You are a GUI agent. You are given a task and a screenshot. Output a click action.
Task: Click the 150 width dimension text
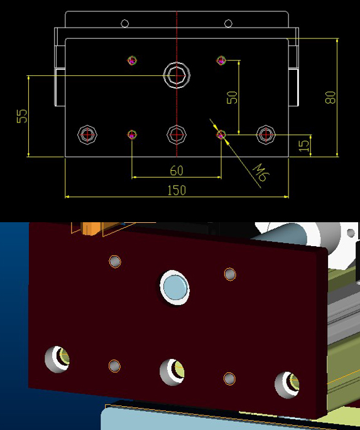point(177,190)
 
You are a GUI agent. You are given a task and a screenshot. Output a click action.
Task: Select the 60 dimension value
point(177,170)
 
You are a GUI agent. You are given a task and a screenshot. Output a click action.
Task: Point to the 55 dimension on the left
point(22,116)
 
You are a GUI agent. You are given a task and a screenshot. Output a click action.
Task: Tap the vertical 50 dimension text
point(232,97)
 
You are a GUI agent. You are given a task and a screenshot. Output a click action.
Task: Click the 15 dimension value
point(304,144)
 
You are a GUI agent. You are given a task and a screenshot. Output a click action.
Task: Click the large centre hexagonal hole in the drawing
point(177,75)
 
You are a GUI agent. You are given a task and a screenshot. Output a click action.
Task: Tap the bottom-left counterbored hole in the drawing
point(88,134)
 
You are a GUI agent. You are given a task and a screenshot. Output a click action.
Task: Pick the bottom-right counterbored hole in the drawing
point(266,134)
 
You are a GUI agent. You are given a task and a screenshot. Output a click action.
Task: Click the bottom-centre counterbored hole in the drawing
point(177,134)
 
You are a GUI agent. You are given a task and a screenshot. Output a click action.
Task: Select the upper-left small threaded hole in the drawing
point(132,60)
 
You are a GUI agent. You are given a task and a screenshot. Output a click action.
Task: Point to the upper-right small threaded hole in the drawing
point(221,60)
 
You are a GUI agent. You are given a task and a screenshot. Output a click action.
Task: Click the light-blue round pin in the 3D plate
point(175,287)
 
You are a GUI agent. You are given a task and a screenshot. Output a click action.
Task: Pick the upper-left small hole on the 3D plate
point(115,261)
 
